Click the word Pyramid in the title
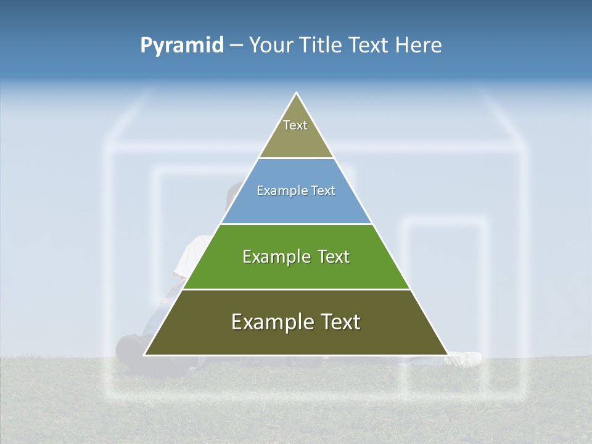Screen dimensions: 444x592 tap(181, 45)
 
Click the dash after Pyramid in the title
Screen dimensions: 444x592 tap(236, 46)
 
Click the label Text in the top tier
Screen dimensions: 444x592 tap(295, 125)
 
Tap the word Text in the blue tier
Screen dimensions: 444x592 tap(322, 191)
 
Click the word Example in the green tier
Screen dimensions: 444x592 tap(275, 257)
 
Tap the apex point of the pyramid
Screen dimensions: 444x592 tap(297, 93)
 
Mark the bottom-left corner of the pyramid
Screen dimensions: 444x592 tap(146, 355)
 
